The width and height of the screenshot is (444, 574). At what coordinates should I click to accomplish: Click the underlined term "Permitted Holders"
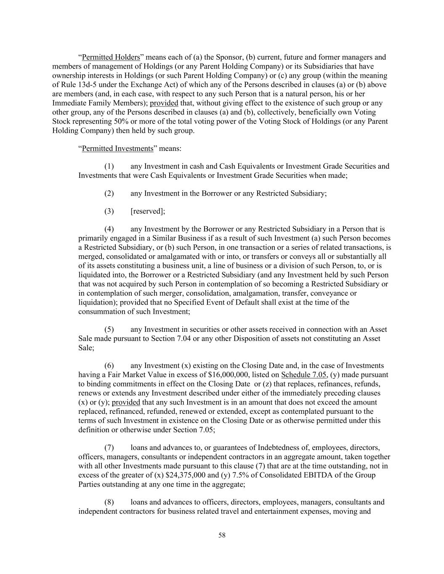tap(111, 57)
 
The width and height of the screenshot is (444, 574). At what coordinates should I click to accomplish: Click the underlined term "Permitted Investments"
tap(117, 148)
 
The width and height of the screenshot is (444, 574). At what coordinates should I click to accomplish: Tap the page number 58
tap(222, 535)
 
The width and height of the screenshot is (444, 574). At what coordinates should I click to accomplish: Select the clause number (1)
tap(109, 166)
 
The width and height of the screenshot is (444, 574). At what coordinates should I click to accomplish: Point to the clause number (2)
tap(109, 193)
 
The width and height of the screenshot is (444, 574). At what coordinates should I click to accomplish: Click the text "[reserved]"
tap(148, 211)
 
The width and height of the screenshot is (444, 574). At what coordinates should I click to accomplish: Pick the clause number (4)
tap(109, 229)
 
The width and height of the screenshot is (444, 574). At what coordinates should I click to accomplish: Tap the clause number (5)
tap(109, 329)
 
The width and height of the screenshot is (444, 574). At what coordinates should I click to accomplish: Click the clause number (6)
tap(109, 366)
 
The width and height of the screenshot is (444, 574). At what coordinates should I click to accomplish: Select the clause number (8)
tap(109, 502)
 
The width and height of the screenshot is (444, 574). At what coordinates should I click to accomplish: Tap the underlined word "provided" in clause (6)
tap(126, 402)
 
